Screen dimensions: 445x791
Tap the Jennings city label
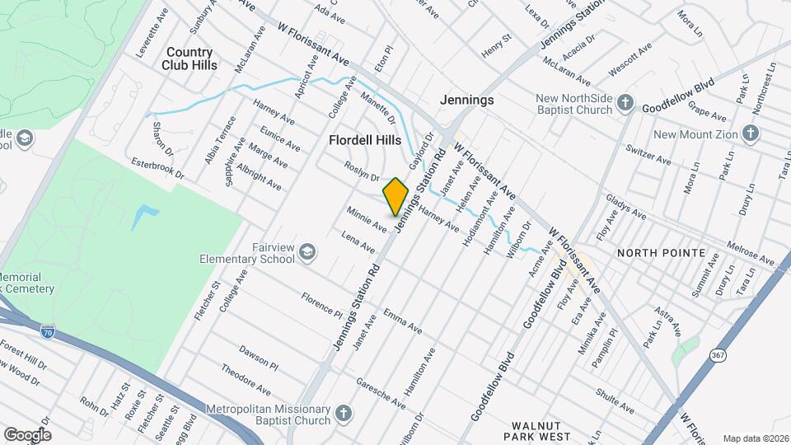[466, 100]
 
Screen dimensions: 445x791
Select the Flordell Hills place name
[365, 140]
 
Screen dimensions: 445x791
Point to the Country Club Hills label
[190, 58]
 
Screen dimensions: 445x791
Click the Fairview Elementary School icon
[307, 251]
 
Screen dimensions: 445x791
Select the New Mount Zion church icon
[750, 133]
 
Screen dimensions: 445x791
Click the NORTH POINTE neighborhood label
[662, 253]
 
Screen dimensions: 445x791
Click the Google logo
[27, 434]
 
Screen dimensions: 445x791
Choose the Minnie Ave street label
[367, 218]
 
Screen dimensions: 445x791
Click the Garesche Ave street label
[380, 394]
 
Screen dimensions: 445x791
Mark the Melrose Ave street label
[750, 254]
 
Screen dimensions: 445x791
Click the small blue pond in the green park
[143, 217]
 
